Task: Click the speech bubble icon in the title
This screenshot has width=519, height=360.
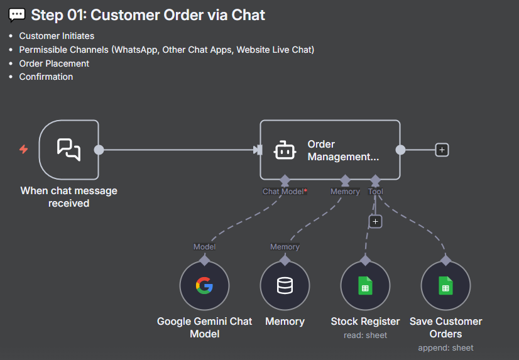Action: pos(17,15)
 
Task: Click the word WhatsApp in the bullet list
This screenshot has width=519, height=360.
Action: pos(134,50)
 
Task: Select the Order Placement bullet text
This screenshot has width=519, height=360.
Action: pos(54,63)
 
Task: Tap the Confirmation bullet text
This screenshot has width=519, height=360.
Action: pos(46,77)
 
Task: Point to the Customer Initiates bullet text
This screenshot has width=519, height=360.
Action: pos(57,36)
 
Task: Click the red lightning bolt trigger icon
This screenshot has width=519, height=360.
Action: pos(24,150)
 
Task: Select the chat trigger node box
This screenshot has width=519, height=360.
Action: pos(68,150)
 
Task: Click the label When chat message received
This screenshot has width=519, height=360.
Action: pos(68,197)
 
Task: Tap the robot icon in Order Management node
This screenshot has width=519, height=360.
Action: pos(285,151)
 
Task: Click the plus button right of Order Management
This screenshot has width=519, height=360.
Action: pos(442,150)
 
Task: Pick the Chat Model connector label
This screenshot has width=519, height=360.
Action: pos(283,192)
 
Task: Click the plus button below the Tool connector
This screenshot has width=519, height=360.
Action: pos(375,221)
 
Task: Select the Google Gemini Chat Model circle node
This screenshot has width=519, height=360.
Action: pos(204,286)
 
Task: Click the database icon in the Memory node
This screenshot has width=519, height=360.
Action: pos(285,286)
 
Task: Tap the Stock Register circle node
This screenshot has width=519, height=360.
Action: pos(365,286)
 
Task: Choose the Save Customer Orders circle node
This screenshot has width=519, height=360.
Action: pos(445,286)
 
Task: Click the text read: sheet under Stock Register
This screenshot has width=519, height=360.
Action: pos(365,335)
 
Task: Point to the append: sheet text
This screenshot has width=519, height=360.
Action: pos(445,347)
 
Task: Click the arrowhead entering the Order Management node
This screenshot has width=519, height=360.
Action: pos(257,150)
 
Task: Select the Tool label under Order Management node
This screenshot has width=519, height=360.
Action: pos(376,192)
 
